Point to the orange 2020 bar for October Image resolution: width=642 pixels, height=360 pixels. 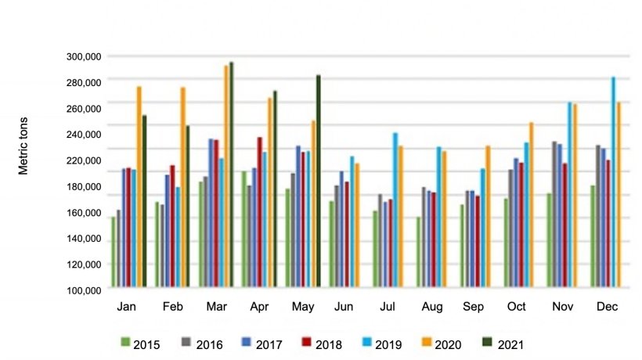coord(532,204)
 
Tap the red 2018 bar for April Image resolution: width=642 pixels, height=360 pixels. coord(259,212)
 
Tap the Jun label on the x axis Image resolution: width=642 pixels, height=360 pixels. coord(344,308)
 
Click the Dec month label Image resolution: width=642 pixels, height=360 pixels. coord(607,308)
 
